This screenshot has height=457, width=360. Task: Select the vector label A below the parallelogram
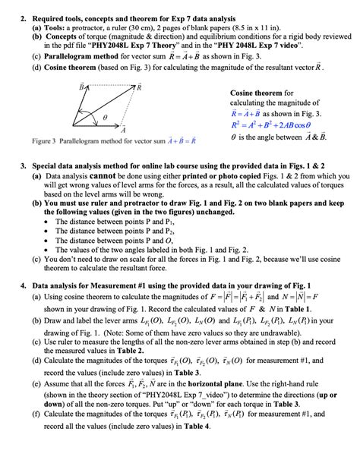124,131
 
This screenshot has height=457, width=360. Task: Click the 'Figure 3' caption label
46,140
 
